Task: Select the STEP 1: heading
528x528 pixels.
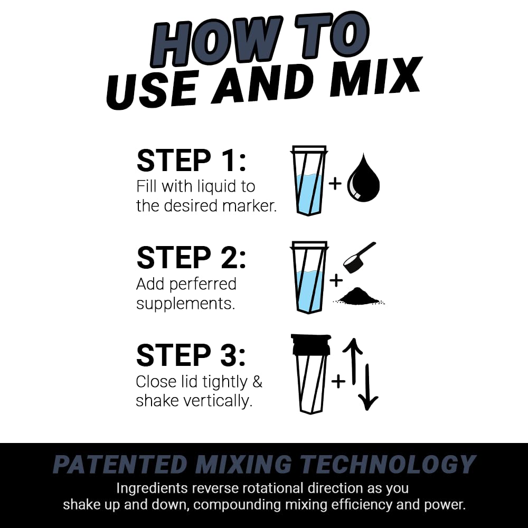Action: click(x=191, y=161)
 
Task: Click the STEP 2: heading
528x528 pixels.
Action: click(x=191, y=258)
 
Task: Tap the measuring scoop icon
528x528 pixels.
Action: click(x=357, y=257)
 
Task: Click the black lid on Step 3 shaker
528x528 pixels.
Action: click(x=310, y=344)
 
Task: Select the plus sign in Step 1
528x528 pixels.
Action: click(x=335, y=183)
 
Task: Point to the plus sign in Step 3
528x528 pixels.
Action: click(x=338, y=380)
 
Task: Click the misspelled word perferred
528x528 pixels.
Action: click(x=203, y=284)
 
